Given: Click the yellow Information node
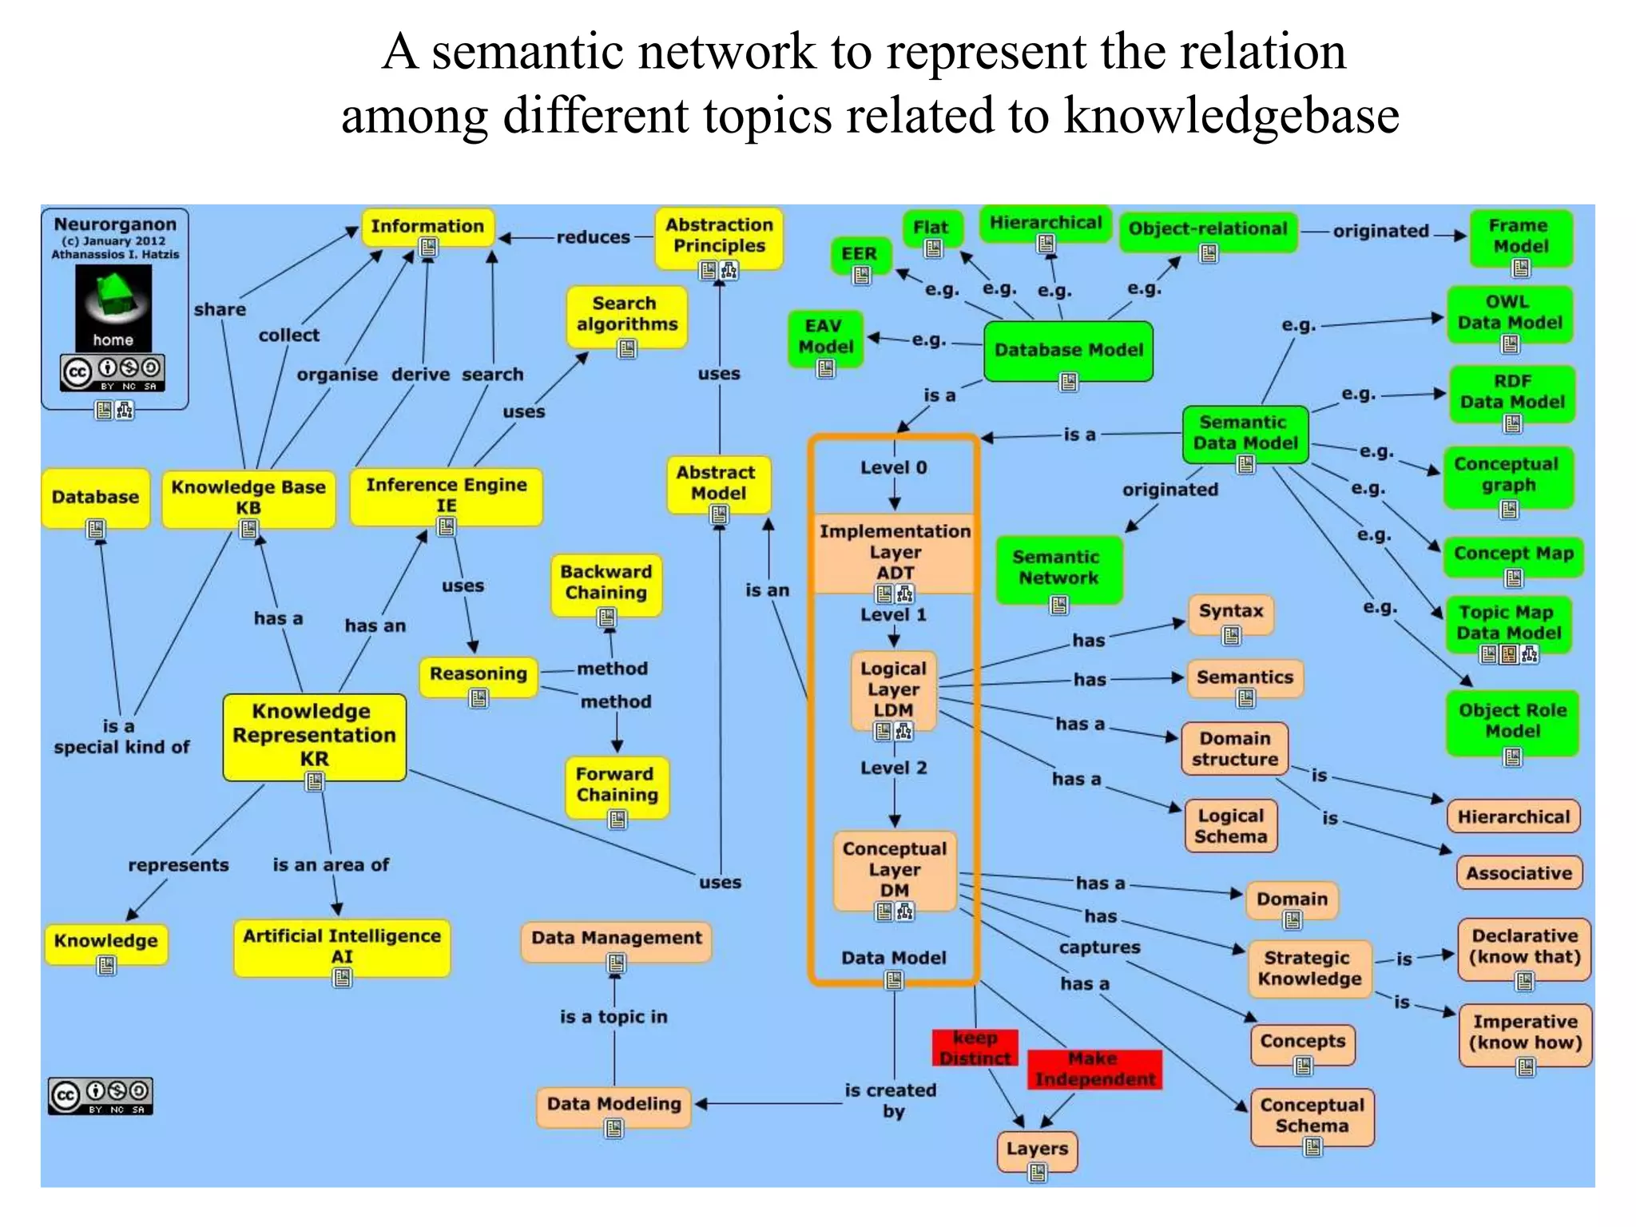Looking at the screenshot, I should click(x=427, y=227).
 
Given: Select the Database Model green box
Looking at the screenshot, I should click(x=1068, y=350).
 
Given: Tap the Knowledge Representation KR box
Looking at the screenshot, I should click(x=314, y=735).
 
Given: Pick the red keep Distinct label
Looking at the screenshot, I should click(x=975, y=1047).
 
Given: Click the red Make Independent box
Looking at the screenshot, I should click(x=1094, y=1069).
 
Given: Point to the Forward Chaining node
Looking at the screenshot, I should click(x=617, y=784).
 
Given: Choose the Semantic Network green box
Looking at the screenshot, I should click(x=1058, y=567).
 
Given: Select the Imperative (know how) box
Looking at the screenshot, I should click(x=1524, y=1032).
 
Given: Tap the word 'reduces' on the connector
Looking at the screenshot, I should click(x=593, y=237).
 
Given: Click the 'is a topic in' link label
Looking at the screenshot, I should click(x=613, y=1017).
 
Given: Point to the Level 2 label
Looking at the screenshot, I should click(x=893, y=768).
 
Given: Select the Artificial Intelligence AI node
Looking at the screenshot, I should click(x=342, y=946).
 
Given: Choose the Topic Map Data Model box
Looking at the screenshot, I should click(x=1507, y=622).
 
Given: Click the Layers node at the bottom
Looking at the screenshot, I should click(x=1037, y=1149).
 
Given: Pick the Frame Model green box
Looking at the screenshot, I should click(x=1520, y=236).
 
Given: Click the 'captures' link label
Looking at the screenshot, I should click(x=1099, y=947).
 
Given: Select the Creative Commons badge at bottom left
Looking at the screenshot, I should click(x=101, y=1096).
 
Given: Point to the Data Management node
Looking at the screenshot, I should click(x=616, y=938).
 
